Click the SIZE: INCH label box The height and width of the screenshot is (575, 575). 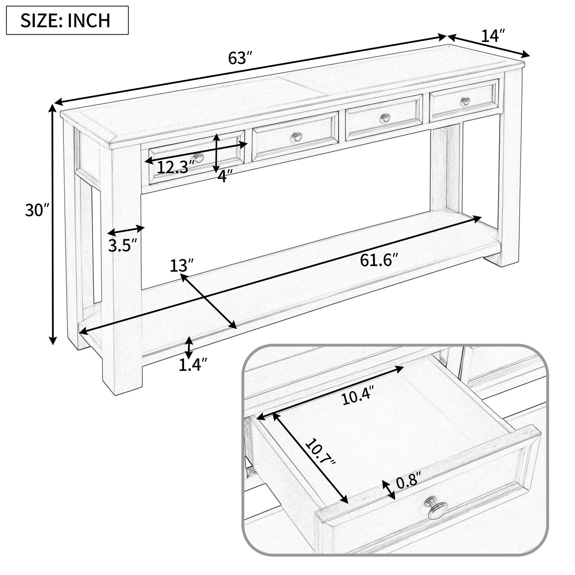click(x=67, y=20)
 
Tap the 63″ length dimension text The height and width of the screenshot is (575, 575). click(x=240, y=58)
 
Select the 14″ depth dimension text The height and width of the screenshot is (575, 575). click(x=493, y=36)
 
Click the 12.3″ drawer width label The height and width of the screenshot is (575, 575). click(x=175, y=168)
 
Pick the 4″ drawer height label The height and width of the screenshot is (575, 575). click(x=225, y=177)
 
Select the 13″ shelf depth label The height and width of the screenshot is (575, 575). click(x=181, y=266)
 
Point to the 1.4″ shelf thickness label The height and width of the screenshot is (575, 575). click(x=193, y=365)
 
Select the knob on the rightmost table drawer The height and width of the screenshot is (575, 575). click(x=465, y=101)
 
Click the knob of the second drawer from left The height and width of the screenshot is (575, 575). click(x=297, y=137)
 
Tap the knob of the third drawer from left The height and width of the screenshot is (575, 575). click(x=386, y=118)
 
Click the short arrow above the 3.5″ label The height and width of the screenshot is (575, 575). click(x=126, y=230)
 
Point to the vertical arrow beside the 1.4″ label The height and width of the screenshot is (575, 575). click(x=189, y=348)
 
